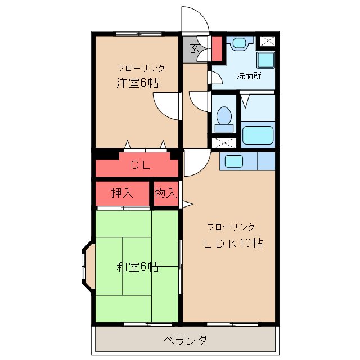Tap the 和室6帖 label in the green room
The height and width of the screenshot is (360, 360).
[137, 267]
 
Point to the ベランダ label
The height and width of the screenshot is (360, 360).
[186, 340]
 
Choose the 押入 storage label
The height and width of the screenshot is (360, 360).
[122, 193]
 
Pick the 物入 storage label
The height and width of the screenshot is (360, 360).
[166, 193]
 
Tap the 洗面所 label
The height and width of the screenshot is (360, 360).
[248, 75]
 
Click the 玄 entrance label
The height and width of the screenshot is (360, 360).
[194, 48]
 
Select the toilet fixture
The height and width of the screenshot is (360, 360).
[223, 117]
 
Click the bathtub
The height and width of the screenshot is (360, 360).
[257, 135]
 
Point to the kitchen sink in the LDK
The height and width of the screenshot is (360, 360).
[234, 161]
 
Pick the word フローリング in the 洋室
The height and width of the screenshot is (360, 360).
[141, 68]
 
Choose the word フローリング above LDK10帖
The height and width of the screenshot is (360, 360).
[231, 227]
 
